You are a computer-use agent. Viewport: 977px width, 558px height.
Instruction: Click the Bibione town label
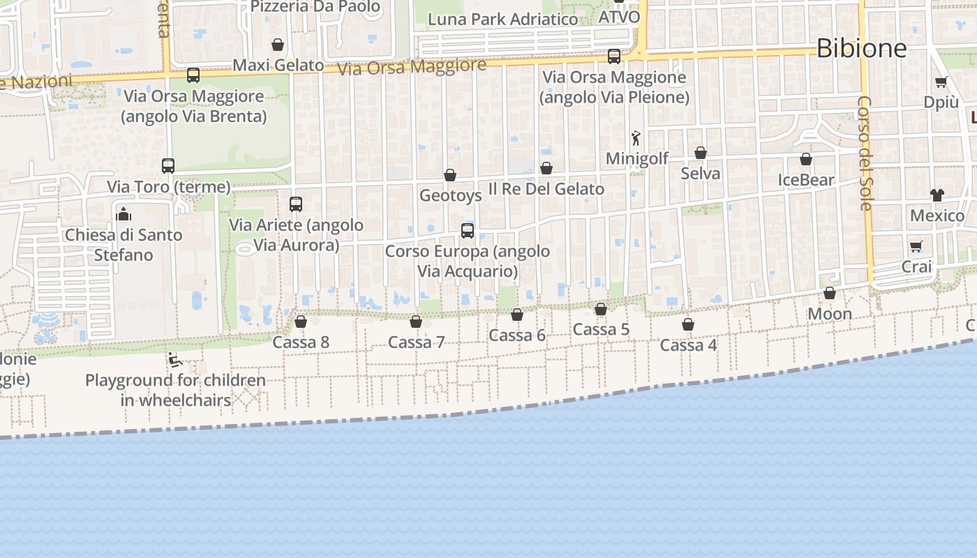[861, 48]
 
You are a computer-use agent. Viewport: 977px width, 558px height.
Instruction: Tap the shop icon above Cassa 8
[301, 322]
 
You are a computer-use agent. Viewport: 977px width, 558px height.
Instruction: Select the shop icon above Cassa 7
[416, 322]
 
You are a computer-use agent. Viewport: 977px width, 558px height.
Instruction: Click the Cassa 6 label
[517, 335]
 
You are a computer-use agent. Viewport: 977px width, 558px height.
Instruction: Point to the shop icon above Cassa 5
[601, 309]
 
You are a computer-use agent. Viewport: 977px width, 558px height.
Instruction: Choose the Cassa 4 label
[688, 345]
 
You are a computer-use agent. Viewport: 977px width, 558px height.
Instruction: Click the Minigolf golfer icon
[636, 138]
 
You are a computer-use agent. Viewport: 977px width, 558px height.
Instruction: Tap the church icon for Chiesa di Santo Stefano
[124, 213]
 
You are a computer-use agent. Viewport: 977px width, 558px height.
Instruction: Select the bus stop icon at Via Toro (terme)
[168, 166]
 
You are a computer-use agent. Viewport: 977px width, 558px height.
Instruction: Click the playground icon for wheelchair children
[175, 361]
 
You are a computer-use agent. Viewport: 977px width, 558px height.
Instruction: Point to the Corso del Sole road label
[865, 153]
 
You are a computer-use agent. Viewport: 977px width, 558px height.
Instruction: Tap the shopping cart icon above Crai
[916, 246]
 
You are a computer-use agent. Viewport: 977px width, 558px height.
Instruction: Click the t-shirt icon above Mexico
[937, 195]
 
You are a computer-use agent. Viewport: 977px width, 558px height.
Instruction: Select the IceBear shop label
[806, 181]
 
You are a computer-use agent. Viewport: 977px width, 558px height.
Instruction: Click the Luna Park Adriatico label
[502, 19]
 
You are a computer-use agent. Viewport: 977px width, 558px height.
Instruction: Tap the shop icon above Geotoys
[450, 175]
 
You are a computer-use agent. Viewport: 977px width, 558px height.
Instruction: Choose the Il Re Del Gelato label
[546, 189]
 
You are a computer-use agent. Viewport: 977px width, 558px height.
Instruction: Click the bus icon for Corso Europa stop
[468, 230]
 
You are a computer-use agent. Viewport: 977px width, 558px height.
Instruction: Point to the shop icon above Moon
[830, 293]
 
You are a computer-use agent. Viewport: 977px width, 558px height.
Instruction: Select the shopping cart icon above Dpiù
[941, 82]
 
